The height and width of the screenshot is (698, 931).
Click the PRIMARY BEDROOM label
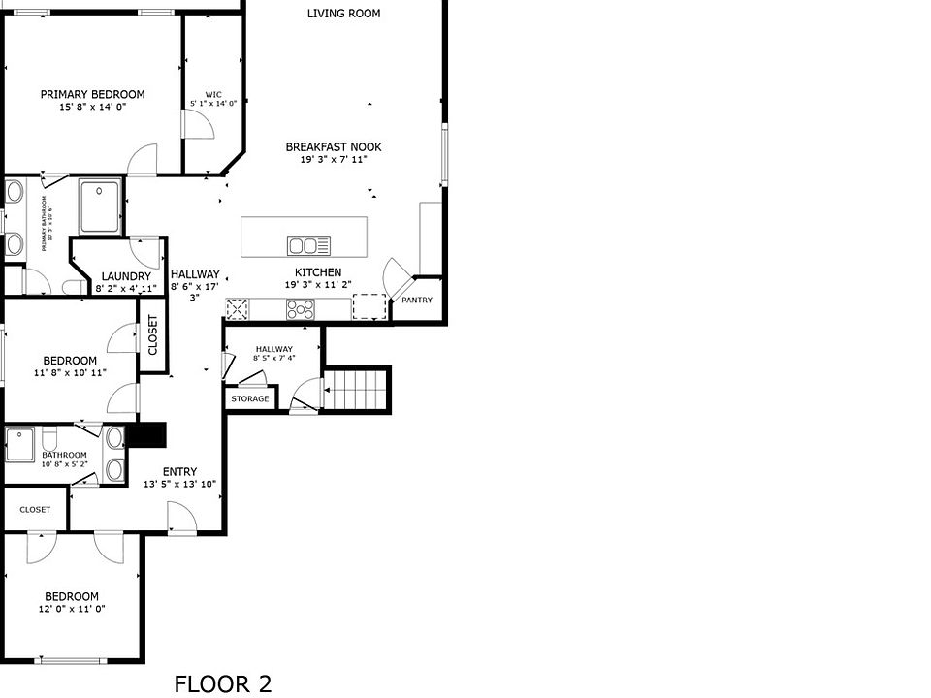[x=92, y=94]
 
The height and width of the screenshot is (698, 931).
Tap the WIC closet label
[x=213, y=94]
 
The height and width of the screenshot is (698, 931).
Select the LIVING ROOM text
[x=343, y=14]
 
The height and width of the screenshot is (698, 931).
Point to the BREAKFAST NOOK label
[x=334, y=147]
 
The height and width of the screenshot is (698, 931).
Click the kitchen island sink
[x=308, y=244]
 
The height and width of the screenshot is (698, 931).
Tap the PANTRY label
[x=417, y=301]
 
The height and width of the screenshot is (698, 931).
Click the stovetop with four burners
[x=300, y=309]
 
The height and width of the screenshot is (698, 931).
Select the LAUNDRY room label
[x=126, y=276]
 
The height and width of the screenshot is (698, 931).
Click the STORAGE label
[x=250, y=398]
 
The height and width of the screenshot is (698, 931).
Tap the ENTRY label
[x=179, y=472]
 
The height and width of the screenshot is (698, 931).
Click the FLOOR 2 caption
[x=223, y=683]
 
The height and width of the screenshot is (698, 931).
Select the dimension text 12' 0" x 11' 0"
[x=72, y=609]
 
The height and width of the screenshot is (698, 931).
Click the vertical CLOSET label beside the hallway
[x=152, y=335]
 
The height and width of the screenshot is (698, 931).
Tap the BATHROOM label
[x=64, y=455]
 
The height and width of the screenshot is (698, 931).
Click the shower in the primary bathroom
[x=100, y=205]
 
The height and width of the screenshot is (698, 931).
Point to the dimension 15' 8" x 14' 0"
[x=92, y=107]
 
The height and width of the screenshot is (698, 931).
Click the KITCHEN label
[x=318, y=272]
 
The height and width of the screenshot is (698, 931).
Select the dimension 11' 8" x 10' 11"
[x=70, y=372]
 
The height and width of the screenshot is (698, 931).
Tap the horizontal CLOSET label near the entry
[x=35, y=509]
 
